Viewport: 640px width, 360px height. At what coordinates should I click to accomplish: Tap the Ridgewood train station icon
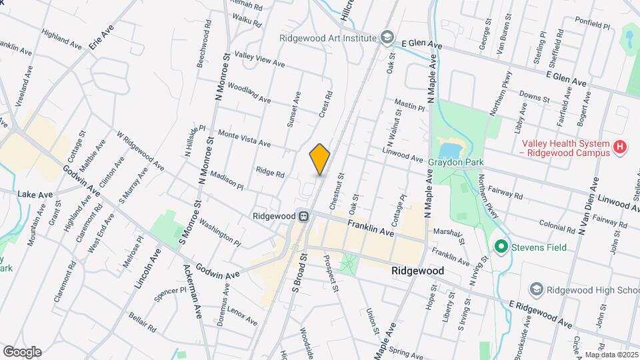click(303, 216)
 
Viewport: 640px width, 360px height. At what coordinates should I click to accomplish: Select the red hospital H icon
click(621, 147)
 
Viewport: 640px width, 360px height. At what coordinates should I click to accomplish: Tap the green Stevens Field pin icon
click(501, 247)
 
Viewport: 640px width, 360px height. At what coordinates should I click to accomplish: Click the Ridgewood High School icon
click(536, 289)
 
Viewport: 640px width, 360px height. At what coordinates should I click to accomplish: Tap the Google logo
click(22, 351)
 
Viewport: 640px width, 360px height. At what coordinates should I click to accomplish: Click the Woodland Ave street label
click(249, 93)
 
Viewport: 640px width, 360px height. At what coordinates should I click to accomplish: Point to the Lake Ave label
click(35, 193)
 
